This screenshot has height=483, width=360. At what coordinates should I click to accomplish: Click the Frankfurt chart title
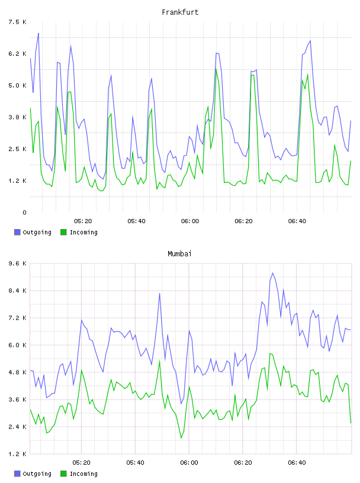pos(180,12)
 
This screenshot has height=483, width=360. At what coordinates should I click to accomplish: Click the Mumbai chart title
pos(179,254)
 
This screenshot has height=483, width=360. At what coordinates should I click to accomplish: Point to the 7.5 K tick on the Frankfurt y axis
pos(18,22)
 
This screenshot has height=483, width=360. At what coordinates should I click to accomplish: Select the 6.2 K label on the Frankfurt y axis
pos(18,54)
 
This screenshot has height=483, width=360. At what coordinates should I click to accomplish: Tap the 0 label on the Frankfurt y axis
pos(24,212)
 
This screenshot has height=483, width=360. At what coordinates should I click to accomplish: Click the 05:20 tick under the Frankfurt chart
pos(83,221)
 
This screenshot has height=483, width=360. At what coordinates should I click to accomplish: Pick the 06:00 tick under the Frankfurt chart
pos(190,221)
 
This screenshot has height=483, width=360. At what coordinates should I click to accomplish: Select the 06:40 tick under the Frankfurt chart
pos(297,221)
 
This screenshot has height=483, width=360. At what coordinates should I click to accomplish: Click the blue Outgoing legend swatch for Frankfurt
pos(17,232)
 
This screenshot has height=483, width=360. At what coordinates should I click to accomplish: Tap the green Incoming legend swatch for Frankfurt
pos(63,232)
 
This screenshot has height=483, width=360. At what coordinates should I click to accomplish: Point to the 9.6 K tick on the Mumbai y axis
pos(18,263)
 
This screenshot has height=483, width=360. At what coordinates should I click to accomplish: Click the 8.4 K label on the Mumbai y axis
pos(18,291)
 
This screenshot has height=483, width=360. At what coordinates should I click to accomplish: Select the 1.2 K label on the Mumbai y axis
pos(18,454)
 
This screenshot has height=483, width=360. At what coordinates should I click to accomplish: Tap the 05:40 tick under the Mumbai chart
pos(136,463)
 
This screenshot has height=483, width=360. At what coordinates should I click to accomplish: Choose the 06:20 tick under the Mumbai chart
pos(243,463)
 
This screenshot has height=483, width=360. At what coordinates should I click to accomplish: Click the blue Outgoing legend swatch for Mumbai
pos(17,474)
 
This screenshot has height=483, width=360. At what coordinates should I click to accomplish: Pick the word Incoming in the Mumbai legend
pos(83,474)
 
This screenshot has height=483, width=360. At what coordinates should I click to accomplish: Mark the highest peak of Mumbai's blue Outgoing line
pos(272,273)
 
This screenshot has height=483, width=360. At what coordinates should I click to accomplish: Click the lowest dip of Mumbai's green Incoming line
pos(181,438)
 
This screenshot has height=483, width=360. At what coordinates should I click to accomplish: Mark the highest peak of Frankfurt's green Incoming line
pos(216,69)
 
